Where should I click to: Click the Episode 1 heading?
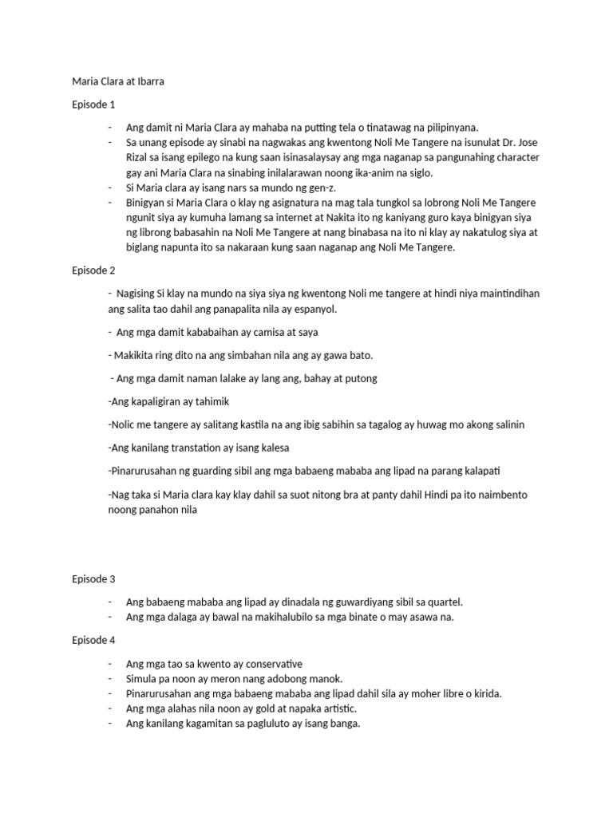(93, 104)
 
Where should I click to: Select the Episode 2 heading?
(93, 270)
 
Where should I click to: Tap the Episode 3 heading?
(93, 578)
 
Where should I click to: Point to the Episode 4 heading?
(93, 640)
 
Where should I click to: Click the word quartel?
(441, 602)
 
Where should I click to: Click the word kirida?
(484, 694)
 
